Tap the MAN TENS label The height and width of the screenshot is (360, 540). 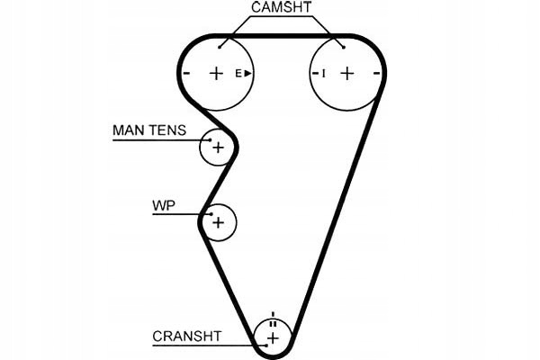148,130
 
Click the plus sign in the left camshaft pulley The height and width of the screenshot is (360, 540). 216,73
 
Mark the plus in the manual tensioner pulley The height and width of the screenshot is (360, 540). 217,147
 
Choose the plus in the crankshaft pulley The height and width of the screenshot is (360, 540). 274,337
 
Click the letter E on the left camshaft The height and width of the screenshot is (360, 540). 239,73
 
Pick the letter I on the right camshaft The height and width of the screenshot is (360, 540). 323,73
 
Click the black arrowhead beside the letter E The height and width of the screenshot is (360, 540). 247,73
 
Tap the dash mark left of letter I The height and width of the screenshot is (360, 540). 314,73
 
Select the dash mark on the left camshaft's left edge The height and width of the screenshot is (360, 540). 186,73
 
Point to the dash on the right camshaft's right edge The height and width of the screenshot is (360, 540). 377,73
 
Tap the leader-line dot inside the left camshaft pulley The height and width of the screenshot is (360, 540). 221,45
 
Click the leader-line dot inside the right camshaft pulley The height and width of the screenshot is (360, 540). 342,45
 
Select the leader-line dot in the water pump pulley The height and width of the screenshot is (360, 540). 211,214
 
